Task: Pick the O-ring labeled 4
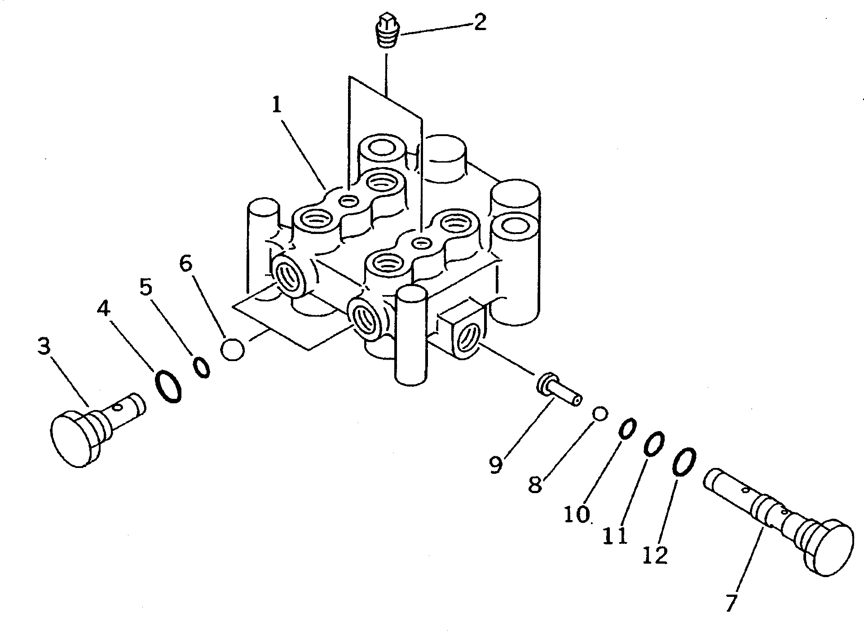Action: click(x=168, y=386)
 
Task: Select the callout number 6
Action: click(x=185, y=264)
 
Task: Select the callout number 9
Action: click(x=495, y=465)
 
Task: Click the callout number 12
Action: click(x=655, y=556)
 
